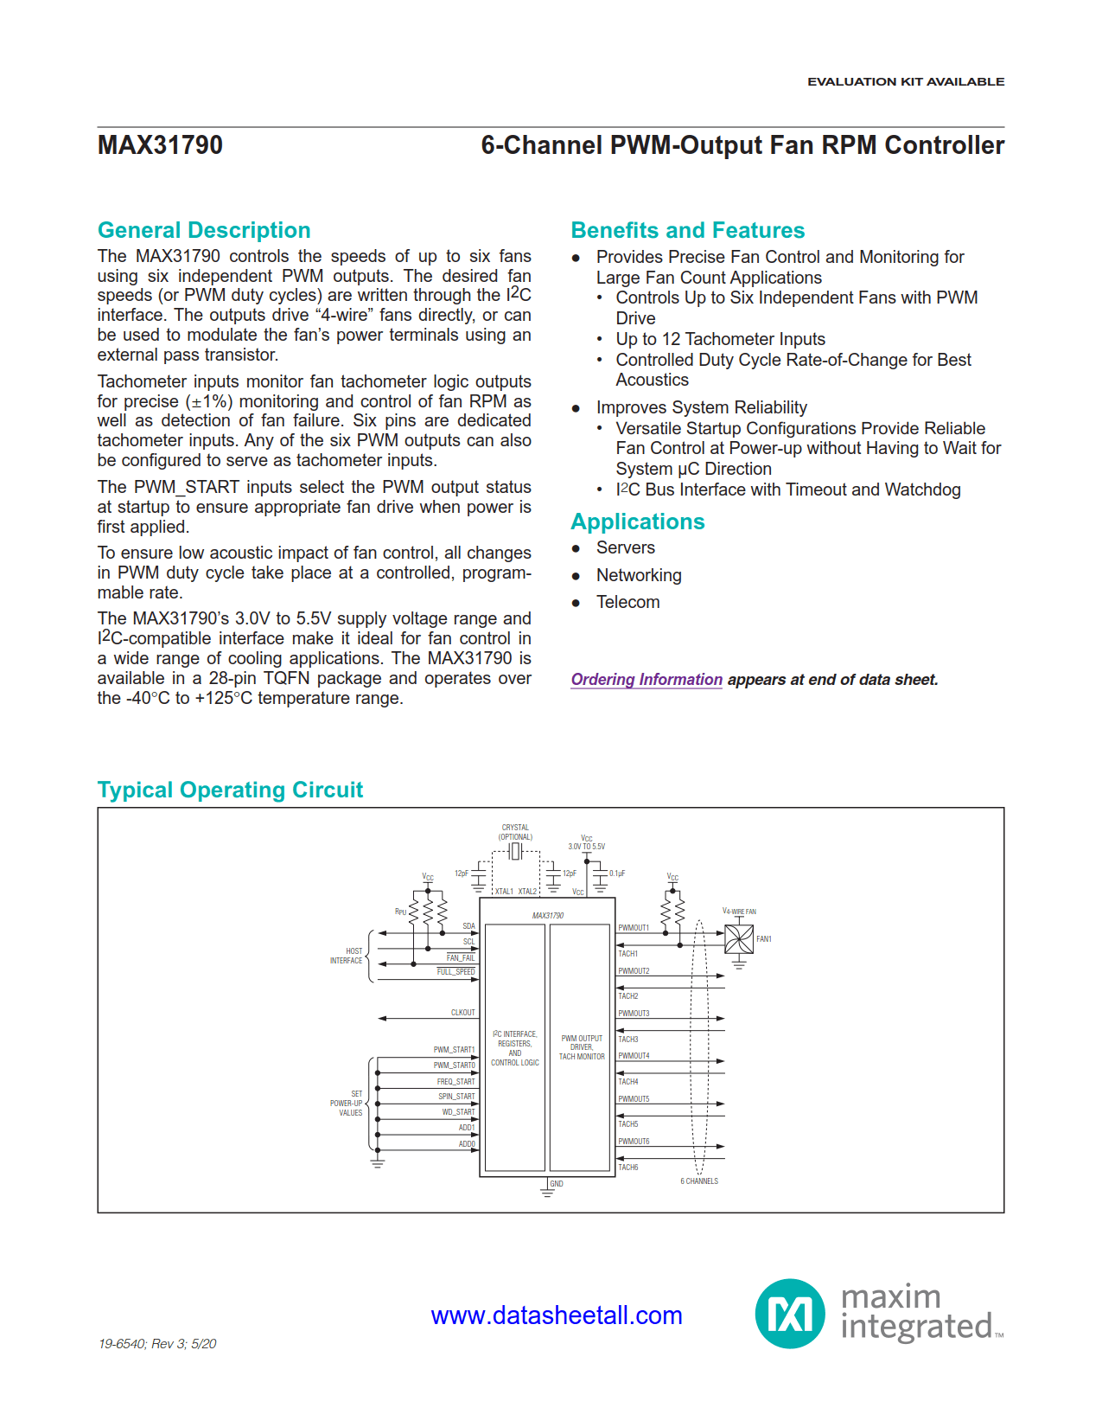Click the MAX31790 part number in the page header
tap(160, 145)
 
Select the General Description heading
tap(204, 230)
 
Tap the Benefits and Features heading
tap(687, 230)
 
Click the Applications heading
tap(637, 522)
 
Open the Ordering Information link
tap(647, 680)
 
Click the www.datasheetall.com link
tap(557, 1315)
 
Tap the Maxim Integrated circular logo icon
tap(790, 1314)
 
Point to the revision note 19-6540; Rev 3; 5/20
tap(157, 1343)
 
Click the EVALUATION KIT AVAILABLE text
tap(906, 81)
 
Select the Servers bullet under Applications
tap(625, 547)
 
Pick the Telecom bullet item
tap(627, 602)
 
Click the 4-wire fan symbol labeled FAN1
tap(739, 939)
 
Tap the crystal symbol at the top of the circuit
tap(515, 852)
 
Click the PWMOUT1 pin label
tap(634, 928)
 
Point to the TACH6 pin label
tap(628, 1168)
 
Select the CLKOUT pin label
tap(462, 1013)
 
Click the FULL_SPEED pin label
tap(455, 972)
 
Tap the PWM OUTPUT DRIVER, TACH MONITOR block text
tap(582, 1047)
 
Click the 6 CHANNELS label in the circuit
tap(699, 1181)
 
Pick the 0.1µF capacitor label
tap(617, 873)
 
